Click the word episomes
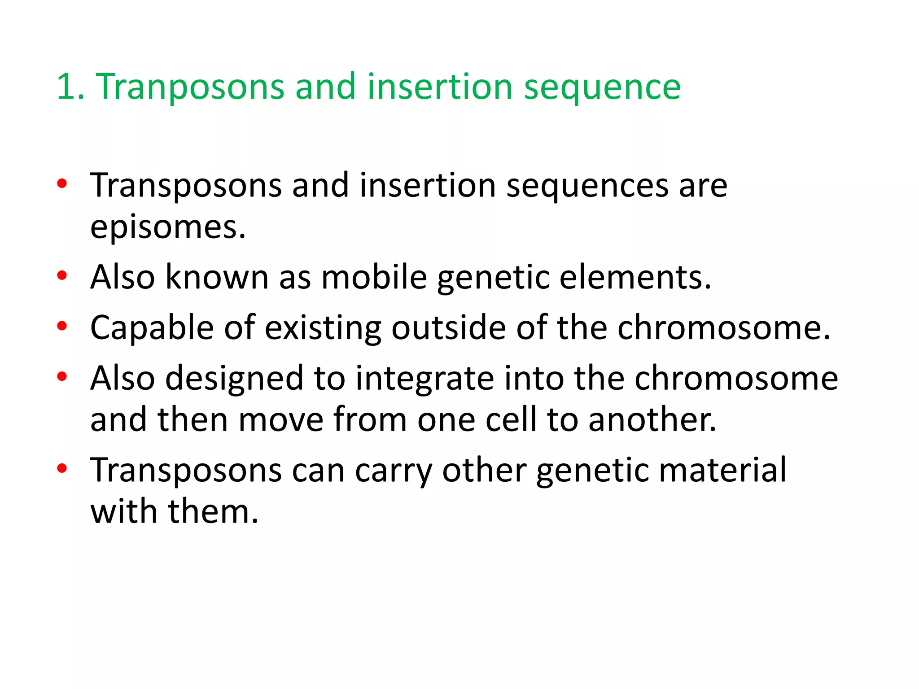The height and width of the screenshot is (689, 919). [x=168, y=228]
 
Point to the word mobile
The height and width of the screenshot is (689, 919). [x=374, y=277]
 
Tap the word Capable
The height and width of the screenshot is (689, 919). [x=152, y=328]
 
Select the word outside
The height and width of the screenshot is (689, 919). [x=449, y=327]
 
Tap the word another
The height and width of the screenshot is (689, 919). [x=652, y=420]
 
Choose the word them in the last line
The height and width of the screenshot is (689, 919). [x=213, y=511]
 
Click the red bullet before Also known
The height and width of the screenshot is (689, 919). [x=62, y=275]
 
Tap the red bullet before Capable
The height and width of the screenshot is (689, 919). [x=62, y=326]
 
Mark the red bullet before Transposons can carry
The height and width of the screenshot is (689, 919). [x=62, y=468]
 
